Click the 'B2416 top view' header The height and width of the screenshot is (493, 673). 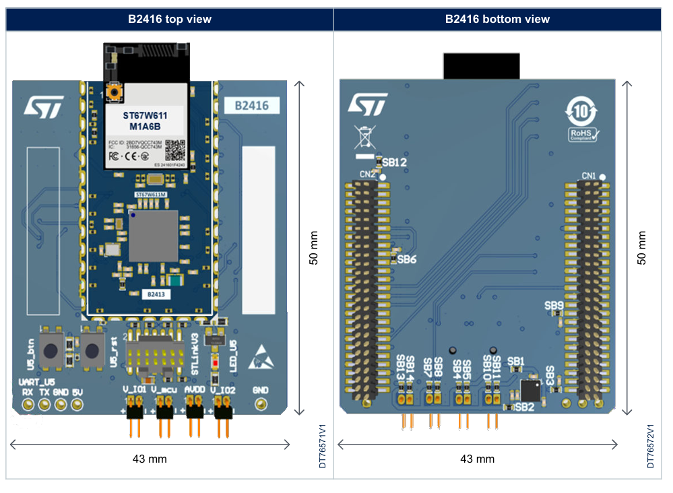click(x=170, y=19)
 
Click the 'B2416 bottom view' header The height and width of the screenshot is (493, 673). click(x=497, y=19)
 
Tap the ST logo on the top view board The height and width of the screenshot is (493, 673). click(x=44, y=106)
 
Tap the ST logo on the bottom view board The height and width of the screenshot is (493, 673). click(x=368, y=104)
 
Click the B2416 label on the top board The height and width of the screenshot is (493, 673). click(x=251, y=106)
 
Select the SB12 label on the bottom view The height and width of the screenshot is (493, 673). click(x=394, y=163)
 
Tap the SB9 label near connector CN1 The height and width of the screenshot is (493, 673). click(x=554, y=305)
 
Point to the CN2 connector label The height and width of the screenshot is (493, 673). click(x=367, y=175)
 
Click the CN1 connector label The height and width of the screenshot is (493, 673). click(x=589, y=176)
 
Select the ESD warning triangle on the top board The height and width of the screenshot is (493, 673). click(x=261, y=358)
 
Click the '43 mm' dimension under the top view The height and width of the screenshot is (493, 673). click(x=150, y=459)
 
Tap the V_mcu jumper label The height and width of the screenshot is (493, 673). click(x=164, y=389)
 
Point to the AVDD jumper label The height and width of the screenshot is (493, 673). click(x=195, y=389)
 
